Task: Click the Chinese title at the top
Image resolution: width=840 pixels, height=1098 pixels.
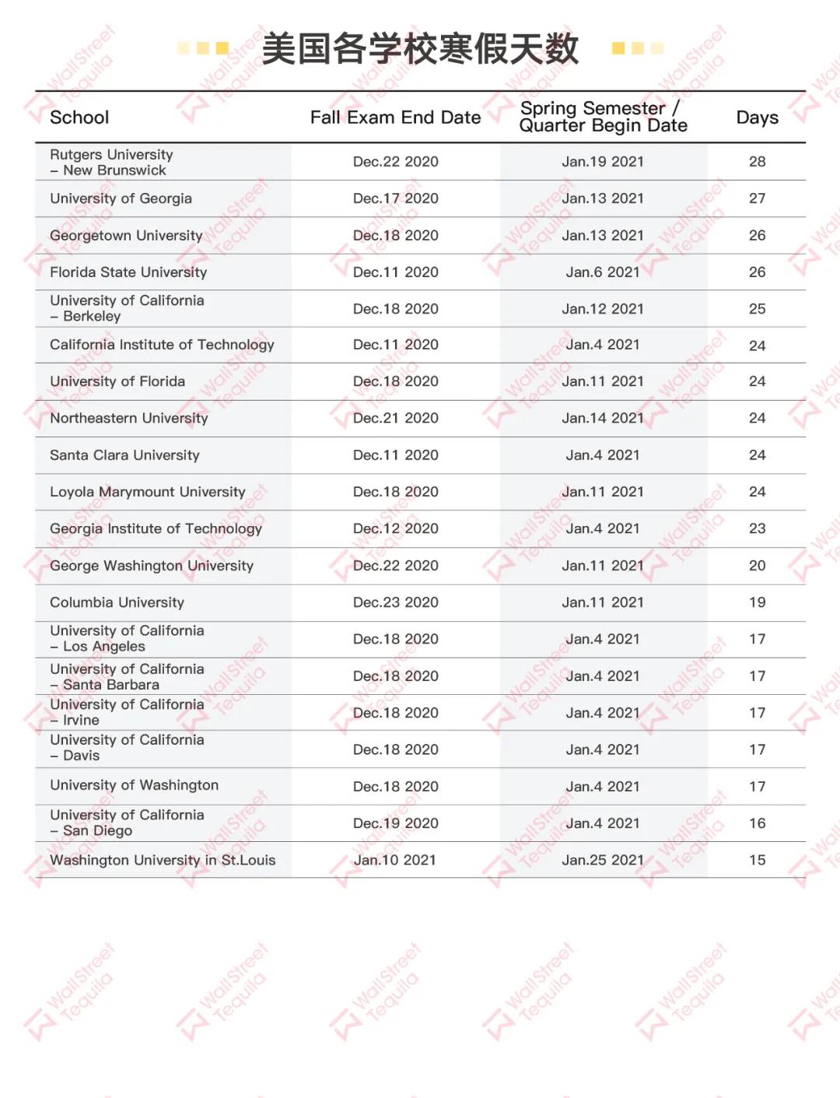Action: pyautogui.click(x=420, y=48)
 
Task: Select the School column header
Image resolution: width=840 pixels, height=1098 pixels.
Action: pyautogui.click(x=79, y=118)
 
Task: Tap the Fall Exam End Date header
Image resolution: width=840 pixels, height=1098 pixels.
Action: pyautogui.click(x=395, y=118)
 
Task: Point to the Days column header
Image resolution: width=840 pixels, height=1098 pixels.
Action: pyautogui.click(x=757, y=118)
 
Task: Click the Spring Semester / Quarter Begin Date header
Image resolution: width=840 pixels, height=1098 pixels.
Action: pyautogui.click(x=603, y=117)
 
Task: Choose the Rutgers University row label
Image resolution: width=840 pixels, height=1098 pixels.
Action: pyautogui.click(x=111, y=162)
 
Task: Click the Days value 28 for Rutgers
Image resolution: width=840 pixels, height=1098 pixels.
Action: pyautogui.click(x=757, y=162)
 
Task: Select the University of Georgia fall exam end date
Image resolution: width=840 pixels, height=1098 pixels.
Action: pyautogui.click(x=395, y=198)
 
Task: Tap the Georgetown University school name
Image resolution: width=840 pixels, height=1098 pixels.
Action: pyautogui.click(x=126, y=235)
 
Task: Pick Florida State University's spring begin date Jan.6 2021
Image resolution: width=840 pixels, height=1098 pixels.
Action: pyautogui.click(x=603, y=272)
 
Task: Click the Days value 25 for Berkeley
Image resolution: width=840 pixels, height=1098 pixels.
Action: pyautogui.click(x=757, y=309)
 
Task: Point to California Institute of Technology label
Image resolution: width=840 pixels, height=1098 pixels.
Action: pyautogui.click(x=162, y=345)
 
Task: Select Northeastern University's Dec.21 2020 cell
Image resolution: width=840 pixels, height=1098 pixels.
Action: pyautogui.click(x=395, y=418)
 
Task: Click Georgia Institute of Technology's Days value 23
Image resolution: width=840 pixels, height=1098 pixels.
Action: pyautogui.click(x=757, y=528)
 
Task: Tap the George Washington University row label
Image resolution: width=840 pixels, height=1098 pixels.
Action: pyautogui.click(x=152, y=566)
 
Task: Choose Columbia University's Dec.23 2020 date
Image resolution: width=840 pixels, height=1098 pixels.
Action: pyautogui.click(x=395, y=602)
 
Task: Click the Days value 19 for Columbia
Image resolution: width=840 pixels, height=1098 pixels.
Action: pyautogui.click(x=757, y=602)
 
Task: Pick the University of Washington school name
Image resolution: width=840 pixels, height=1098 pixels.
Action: pyautogui.click(x=134, y=785)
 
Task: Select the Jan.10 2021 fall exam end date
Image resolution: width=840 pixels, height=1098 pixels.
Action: pyautogui.click(x=395, y=860)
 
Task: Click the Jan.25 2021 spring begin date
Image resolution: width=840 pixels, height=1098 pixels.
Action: pyautogui.click(x=603, y=860)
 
